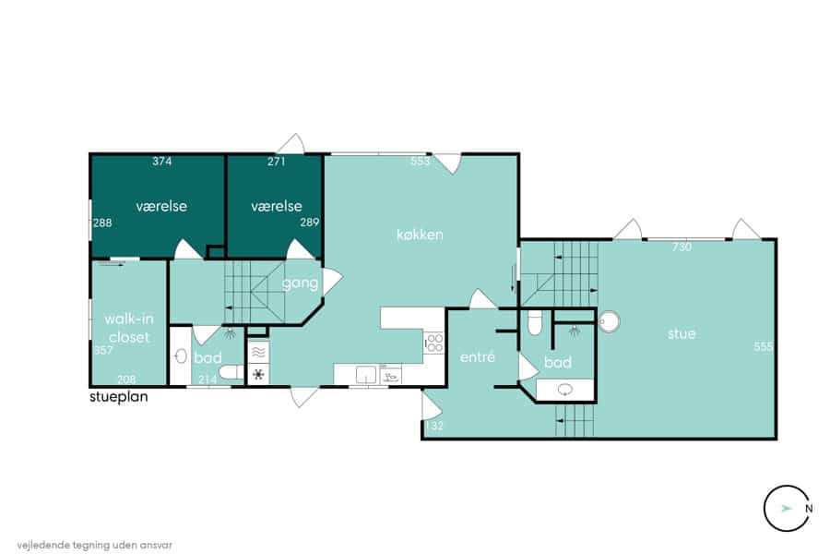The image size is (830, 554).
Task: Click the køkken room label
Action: click(420, 235)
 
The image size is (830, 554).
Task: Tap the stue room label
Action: click(682, 333)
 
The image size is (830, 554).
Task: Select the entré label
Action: click(478, 356)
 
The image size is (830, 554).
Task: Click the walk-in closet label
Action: click(129, 328)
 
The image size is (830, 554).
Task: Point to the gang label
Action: click(300, 283)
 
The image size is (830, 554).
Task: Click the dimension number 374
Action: click(162, 162)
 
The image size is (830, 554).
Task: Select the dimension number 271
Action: click(277, 162)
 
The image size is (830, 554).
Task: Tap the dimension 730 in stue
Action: click(682, 247)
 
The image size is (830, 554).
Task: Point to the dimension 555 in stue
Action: click(764, 347)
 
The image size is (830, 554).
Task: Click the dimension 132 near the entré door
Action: click(434, 426)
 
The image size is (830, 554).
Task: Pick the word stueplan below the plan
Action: click(119, 397)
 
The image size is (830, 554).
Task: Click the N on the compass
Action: click(809, 509)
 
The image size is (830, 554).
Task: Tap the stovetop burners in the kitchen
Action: click(434, 343)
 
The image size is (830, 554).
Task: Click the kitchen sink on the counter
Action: click(366, 374)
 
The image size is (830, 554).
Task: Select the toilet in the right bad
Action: click(535, 323)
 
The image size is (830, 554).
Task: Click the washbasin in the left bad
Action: click(181, 355)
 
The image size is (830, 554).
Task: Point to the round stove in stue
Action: click(610, 321)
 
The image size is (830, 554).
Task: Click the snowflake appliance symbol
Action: click(258, 374)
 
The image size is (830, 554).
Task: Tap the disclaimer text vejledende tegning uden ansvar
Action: click(94, 545)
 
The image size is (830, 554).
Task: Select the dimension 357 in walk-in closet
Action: click(103, 351)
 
